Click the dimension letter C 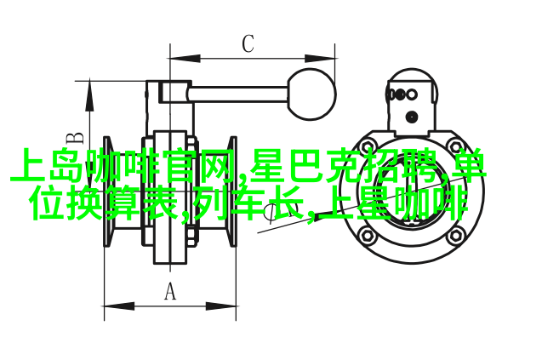click(x=248, y=44)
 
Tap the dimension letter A click(x=169, y=291)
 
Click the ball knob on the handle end click(x=311, y=94)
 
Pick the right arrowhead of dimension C click(x=319, y=59)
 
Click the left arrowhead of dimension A click(x=119, y=306)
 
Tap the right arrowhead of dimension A click(x=221, y=306)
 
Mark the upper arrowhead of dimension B click(x=89, y=96)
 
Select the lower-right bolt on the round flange click(x=455, y=236)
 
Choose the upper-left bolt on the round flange click(x=368, y=145)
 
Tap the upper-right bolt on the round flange click(x=455, y=146)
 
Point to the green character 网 click(x=220, y=165)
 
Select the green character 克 click(x=343, y=165)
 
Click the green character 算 click(x=123, y=203)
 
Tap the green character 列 click(x=210, y=203)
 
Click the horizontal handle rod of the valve click(x=238, y=94)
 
